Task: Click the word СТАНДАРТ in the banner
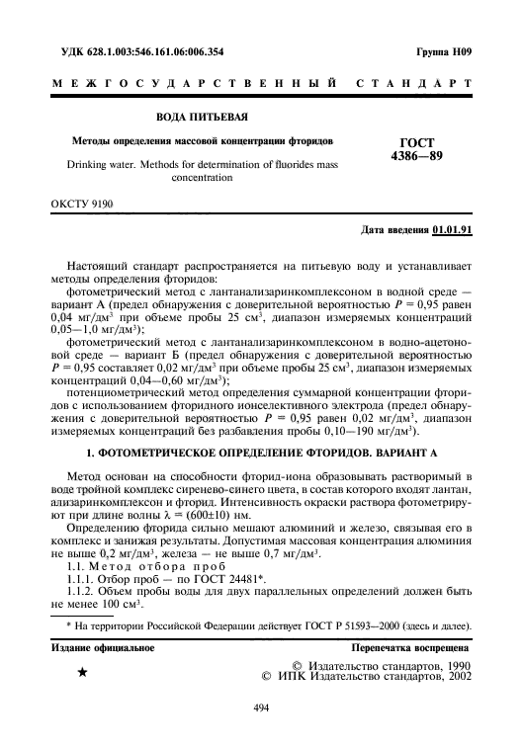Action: point(424,84)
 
